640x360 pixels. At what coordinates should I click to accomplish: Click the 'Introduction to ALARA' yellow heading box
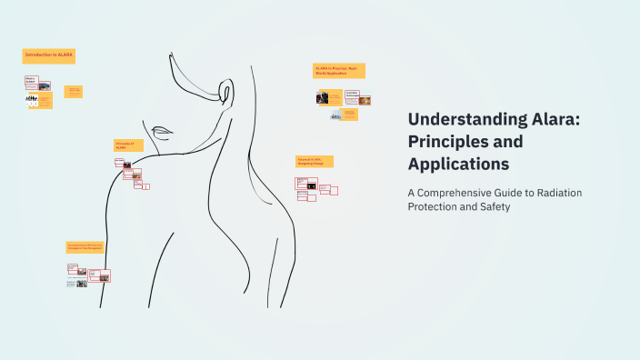tap(48, 56)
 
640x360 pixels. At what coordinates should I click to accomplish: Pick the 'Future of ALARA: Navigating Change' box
tap(315, 161)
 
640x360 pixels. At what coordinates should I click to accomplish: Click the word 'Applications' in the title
tap(458, 165)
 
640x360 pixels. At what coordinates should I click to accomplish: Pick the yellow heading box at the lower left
tap(85, 247)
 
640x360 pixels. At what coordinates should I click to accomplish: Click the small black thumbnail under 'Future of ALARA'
tap(312, 187)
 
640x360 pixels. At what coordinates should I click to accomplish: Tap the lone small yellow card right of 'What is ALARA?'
tap(74, 91)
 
